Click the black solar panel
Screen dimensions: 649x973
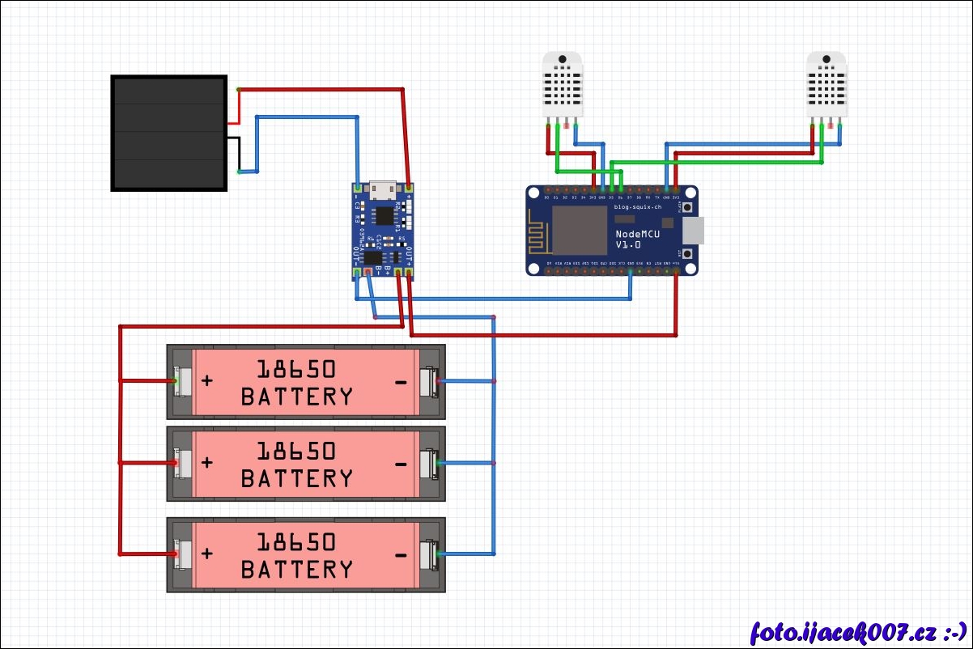tap(168, 134)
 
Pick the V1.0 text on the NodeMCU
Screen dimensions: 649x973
tap(628, 244)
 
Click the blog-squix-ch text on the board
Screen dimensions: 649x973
tap(638, 207)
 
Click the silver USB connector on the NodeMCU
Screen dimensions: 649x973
tap(694, 231)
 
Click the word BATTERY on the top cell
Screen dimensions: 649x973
tap(297, 397)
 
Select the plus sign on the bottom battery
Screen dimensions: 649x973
tap(207, 554)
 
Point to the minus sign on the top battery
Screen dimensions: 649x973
tap(401, 381)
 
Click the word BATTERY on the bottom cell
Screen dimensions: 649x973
tap(297, 570)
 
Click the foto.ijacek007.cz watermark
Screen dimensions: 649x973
tap(859, 631)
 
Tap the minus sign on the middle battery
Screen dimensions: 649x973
tap(401, 464)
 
